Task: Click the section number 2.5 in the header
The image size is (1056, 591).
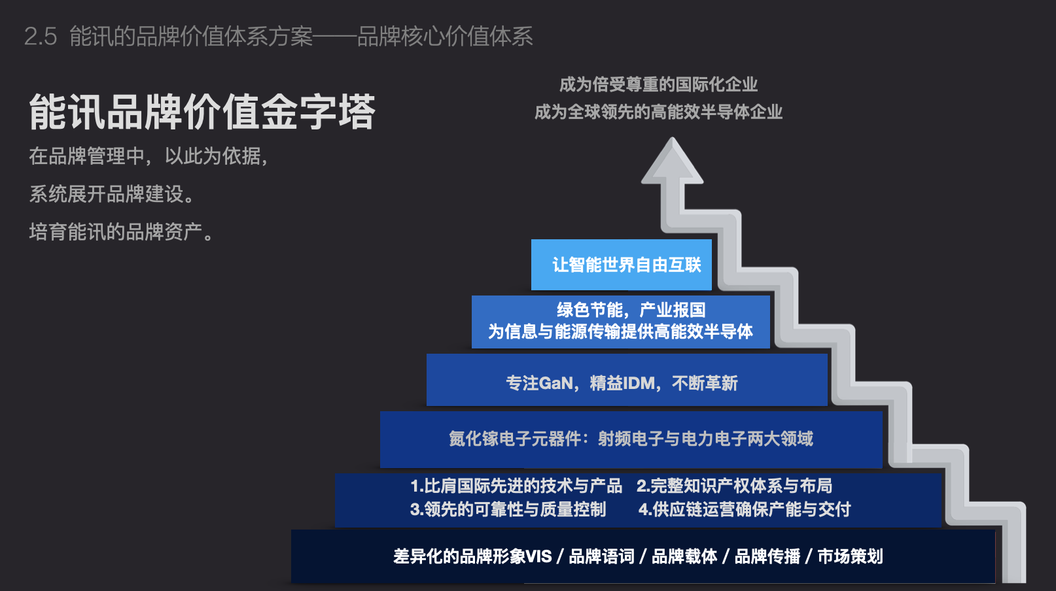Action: pos(41,36)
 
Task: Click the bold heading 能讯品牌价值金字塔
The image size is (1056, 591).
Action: pos(202,112)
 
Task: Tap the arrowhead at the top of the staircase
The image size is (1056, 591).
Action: pos(672,161)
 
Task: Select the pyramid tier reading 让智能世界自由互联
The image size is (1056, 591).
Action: pos(622,265)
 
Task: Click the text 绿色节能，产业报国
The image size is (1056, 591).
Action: pos(631,310)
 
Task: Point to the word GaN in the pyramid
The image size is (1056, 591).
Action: pos(556,383)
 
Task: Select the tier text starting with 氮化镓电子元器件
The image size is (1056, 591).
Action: pos(631,439)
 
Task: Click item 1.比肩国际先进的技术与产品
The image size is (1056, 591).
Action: pos(516,486)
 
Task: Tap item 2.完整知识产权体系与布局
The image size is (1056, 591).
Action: pos(735,486)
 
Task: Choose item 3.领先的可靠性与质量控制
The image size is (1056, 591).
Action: pos(508,509)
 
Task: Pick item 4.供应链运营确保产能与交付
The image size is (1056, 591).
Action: pos(745,509)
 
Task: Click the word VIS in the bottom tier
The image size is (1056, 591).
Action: pos(538,556)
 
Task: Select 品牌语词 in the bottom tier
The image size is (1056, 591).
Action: pos(601,556)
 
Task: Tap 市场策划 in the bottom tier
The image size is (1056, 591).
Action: pos(850,556)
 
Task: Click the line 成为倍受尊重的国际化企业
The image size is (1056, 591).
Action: pos(659,85)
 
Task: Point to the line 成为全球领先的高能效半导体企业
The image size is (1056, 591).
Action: pos(659,112)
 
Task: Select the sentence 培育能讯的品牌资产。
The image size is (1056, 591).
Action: pos(122,232)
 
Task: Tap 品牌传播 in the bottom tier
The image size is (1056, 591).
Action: pos(767,556)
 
